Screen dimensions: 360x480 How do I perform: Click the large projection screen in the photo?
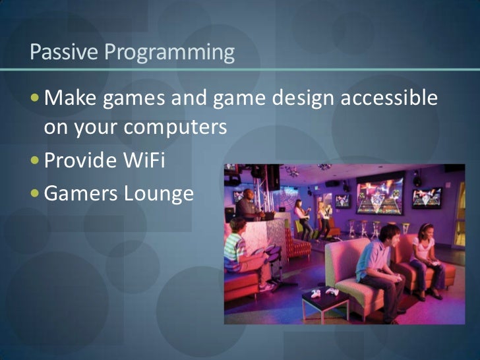[381, 192]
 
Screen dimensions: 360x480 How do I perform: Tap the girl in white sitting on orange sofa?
[423, 260]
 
